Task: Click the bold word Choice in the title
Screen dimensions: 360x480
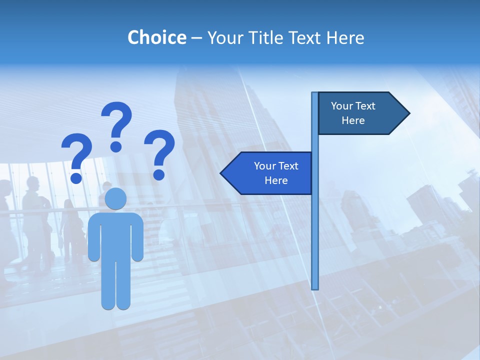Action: click(156, 37)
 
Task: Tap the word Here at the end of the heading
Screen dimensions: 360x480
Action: click(345, 37)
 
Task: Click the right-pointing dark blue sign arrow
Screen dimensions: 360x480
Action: click(360, 113)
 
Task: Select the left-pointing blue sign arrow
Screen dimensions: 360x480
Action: click(270, 173)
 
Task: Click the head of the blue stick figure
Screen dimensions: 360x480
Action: click(116, 198)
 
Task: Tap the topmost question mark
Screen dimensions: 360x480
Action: click(116, 122)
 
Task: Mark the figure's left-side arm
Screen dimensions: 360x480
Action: click(93, 237)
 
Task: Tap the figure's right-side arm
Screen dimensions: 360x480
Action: click(137, 237)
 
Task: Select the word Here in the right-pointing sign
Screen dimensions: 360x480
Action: click(353, 120)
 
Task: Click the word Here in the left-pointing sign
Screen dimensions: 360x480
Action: click(276, 180)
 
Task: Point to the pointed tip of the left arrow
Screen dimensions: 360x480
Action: click(221, 173)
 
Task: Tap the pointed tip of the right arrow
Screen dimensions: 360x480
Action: click(408, 113)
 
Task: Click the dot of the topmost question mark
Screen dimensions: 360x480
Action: click(116, 146)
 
